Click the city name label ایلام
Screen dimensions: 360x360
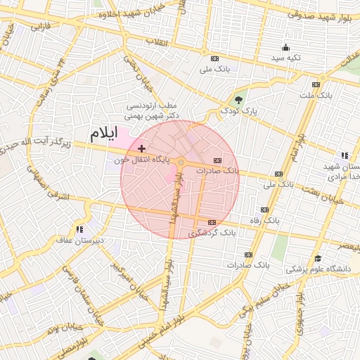pyautogui.click(x=103, y=133)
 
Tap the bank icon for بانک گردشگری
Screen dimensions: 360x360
pyautogui.click(x=193, y=231)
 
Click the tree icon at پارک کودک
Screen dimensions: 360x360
pyautogui.click(x=238, y=100)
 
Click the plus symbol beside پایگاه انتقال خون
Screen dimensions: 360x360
pyautogui.click(x=142, y=148)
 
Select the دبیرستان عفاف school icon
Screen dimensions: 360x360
pyautogui.click(x=79, y=229)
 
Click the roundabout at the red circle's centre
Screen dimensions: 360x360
pyautogui.click(x=181, y=163)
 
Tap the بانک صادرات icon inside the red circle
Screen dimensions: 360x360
pyautogui.click(x=226, y=160)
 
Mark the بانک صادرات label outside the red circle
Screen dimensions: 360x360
pyautogui.click(x=248, y=265)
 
